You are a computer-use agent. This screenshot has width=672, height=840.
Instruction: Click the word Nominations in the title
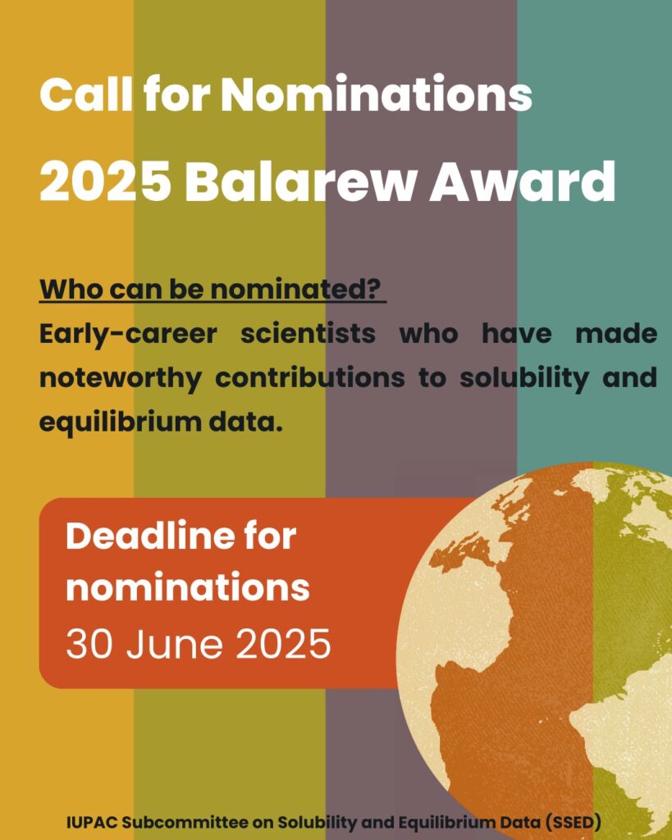[x=376, y=94]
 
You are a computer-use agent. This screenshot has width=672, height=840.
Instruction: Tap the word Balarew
[x=300, y=181]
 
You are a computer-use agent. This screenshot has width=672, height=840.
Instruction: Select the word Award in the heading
[x=523, y=181]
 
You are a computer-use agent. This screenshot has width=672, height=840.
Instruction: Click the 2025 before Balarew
[x=106, y=181]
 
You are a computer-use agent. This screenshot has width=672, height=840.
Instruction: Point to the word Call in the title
[x=85, y=94]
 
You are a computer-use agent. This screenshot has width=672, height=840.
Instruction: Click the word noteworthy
[x=121, y=379]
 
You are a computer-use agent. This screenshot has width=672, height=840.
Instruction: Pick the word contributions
[x=309, y=377]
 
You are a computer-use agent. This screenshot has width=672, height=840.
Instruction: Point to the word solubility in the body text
[x=524, y=379]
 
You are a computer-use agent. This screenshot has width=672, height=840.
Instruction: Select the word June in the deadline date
[x=175, y=644]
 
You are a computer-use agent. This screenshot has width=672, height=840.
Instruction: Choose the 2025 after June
[x=283, y=644]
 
